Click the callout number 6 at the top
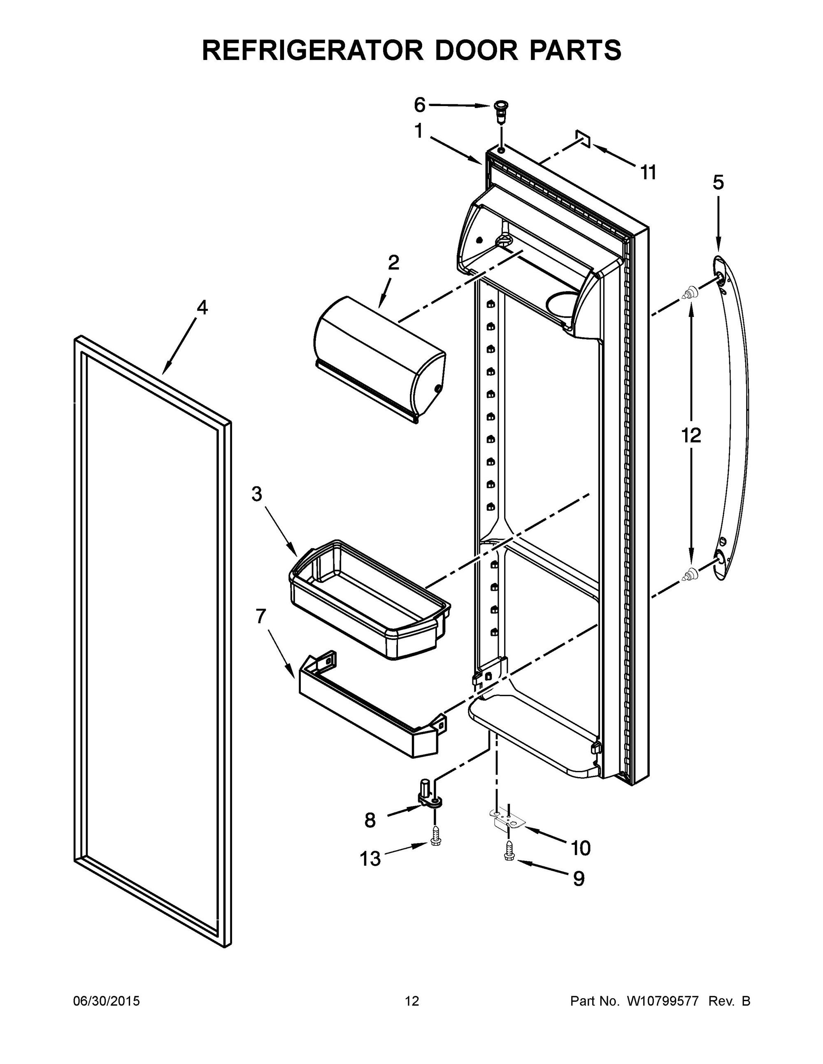419,104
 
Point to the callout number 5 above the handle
718,183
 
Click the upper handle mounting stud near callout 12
689,293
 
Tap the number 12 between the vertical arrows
691,435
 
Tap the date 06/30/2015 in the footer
106,1001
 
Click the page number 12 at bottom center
411,1001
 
